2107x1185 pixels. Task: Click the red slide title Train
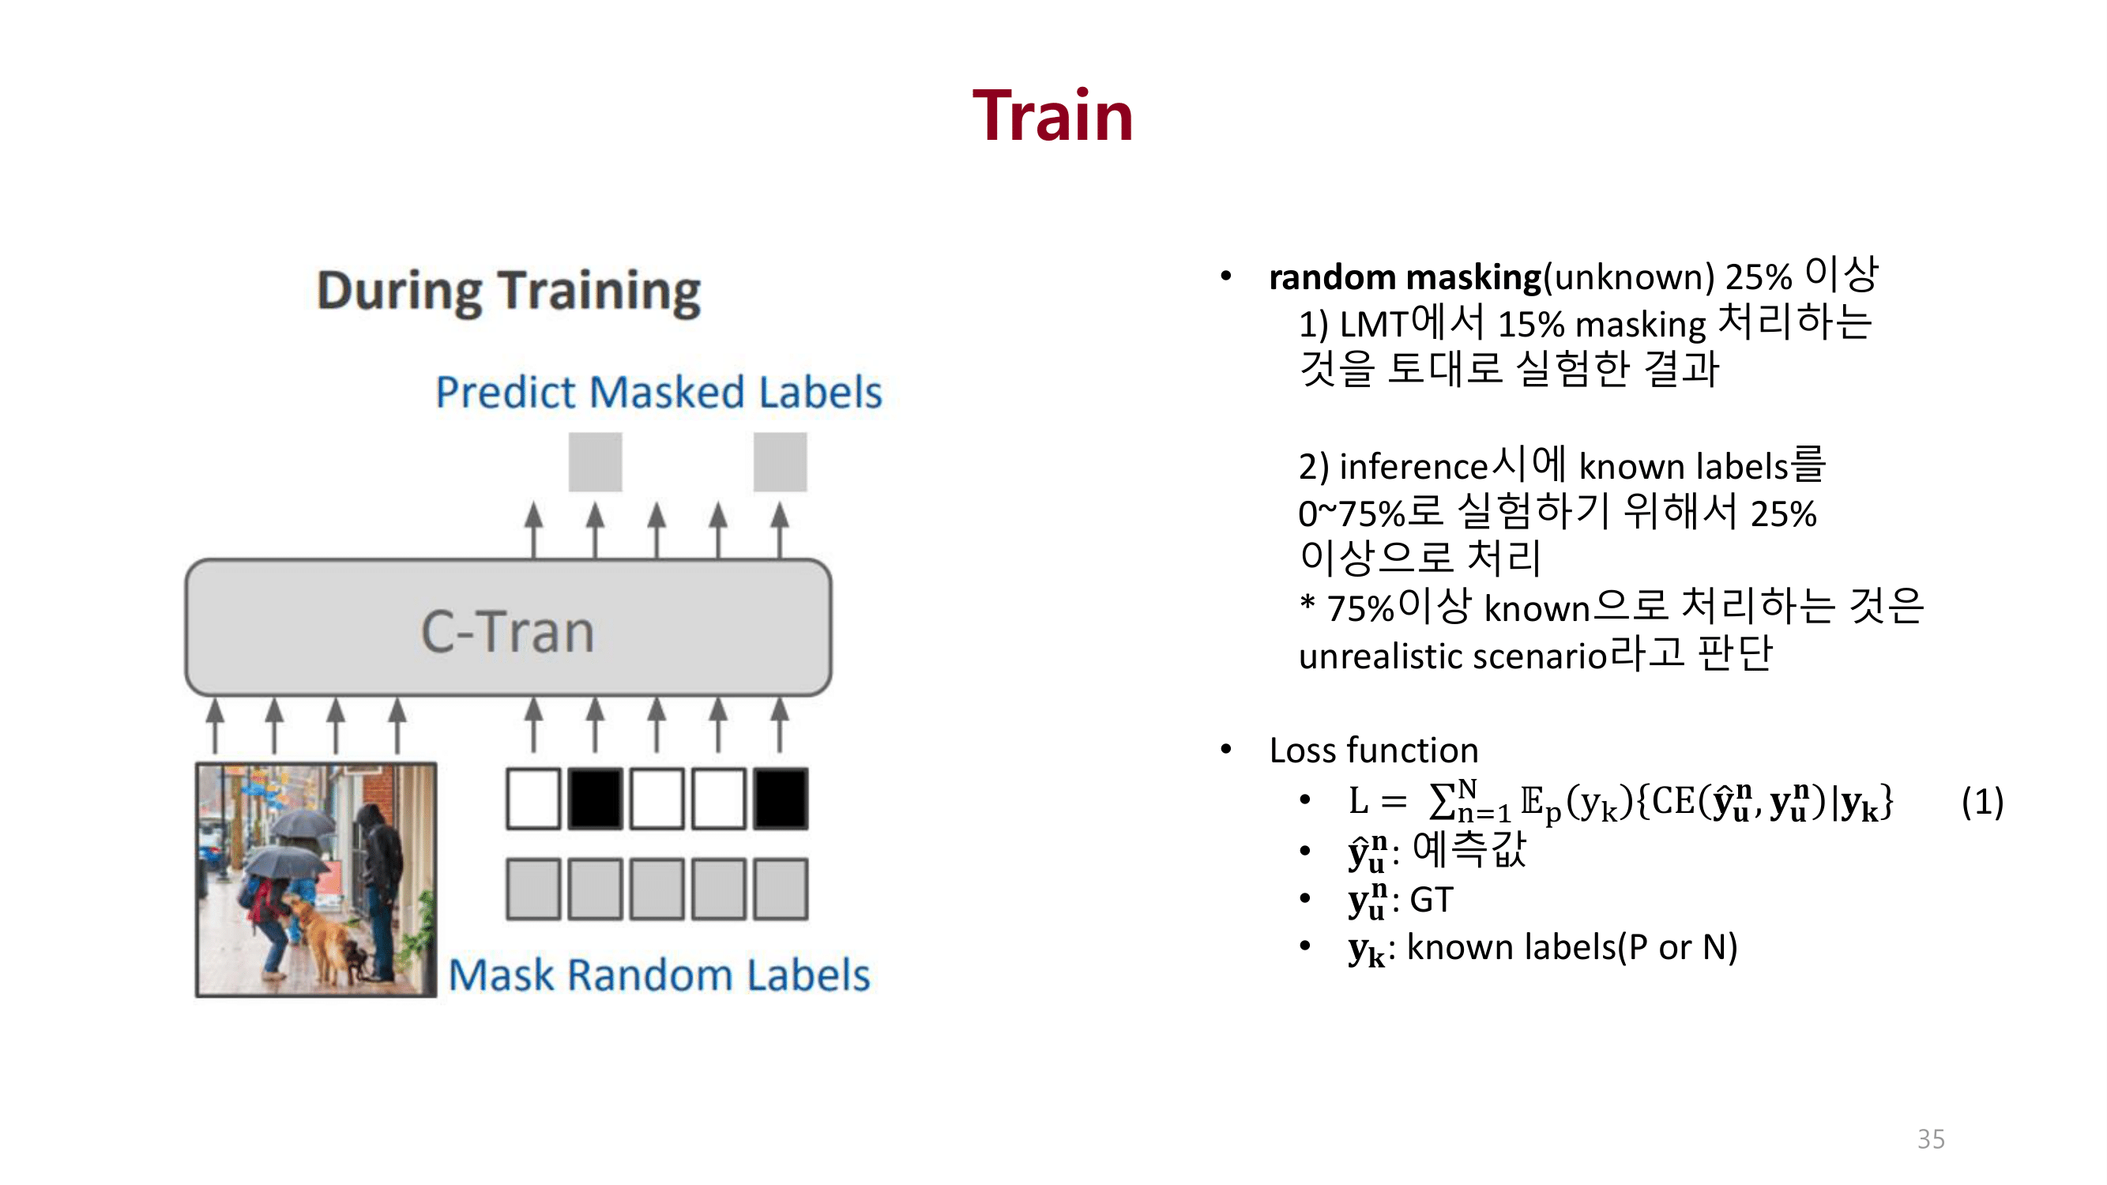click(1052, 116)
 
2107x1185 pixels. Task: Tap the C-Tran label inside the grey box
click(507, 631)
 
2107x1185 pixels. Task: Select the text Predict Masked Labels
click(658, 392)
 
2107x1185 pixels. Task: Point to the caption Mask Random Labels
click(658, 975)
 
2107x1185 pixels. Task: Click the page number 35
click(1930, 1138)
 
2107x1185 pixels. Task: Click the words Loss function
click(1373, 750)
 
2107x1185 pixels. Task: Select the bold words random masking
click(1405, 277)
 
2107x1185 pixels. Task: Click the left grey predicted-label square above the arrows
click(596, 462)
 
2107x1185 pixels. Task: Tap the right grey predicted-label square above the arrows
click(780, 462)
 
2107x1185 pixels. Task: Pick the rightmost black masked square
click(781, 798)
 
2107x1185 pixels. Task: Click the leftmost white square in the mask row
click(533, 798)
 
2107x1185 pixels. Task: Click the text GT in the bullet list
click(1432, 900)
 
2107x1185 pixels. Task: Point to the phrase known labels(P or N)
click(1571, 947)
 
